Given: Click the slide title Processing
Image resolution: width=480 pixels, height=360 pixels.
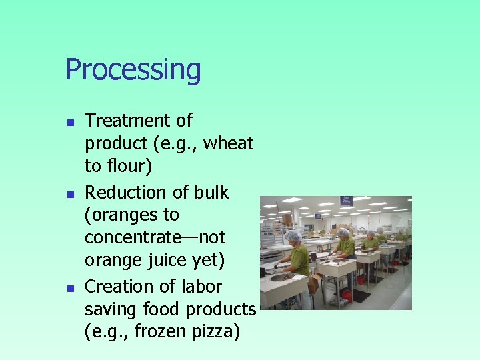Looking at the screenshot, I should (x=133, y=70).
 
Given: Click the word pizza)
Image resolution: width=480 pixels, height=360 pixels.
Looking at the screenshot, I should (x=216, y=331).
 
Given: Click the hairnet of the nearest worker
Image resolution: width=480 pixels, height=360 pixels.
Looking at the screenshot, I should (x=293, y=236).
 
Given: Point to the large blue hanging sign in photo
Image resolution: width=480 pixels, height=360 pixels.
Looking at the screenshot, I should (x=346, y=201).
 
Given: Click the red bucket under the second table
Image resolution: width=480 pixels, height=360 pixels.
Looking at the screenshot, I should (x=346, y=295).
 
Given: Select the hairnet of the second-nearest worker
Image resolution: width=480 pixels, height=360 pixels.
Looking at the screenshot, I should (x=343, y=233).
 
